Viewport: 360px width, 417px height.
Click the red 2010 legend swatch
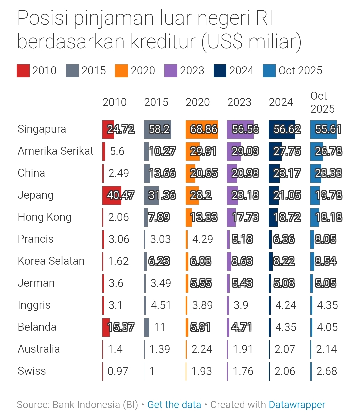[x=23, y=71]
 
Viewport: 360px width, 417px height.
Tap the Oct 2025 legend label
[x=300, y=71]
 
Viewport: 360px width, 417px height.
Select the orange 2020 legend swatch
[x=121, y=71]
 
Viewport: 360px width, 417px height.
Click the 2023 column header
[x=239, y=102]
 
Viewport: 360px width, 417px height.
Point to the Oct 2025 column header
[x=322, y=102]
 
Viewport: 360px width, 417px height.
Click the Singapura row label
[x=42, y=129]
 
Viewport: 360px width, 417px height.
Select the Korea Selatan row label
[x=51, y=261]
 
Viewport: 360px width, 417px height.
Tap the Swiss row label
[x=32, y=371]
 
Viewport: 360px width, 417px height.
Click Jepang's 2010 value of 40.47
[x=120, y=195]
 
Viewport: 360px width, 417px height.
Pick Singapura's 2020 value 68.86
[x=203, y=129]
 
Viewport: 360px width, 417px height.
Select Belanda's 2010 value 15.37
[x=121, y=327]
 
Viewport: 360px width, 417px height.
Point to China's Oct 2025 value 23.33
[x=328, y=173]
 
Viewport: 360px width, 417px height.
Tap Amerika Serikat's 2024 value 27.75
[x=287, y=151]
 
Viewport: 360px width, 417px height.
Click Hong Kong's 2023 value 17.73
[x=245, y=217]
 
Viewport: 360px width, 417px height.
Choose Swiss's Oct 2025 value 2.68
[x=326, y=371]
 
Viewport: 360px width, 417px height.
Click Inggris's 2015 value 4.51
[x=161, y=305]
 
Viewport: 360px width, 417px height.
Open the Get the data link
[x=174, y=405]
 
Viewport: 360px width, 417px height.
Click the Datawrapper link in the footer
[x=297, y=405]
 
